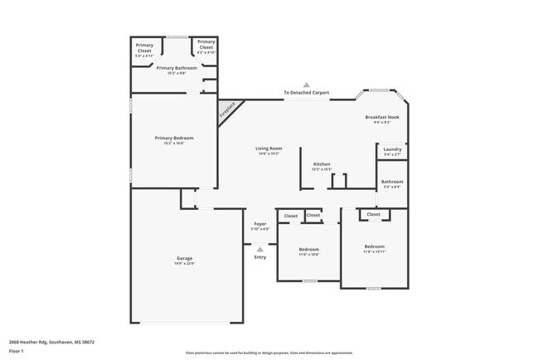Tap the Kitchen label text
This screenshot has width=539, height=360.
(x=322, y=164)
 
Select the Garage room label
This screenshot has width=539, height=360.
(x=184, y=259)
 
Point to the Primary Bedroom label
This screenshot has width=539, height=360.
(x=174, y=137)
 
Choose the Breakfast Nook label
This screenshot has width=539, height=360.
(x=382, y=118)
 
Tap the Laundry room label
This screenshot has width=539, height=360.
(x=392, y=149)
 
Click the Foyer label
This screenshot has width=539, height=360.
(x=260, y=224)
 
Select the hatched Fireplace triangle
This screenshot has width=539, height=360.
(x=226, y=109)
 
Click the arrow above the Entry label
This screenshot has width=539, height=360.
(x=260, y=248)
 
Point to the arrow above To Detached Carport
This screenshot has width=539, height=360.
(x=306, y=85)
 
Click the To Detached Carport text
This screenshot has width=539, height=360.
(x=306, y=92)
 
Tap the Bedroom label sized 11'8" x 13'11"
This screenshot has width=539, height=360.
(x=374, y=246)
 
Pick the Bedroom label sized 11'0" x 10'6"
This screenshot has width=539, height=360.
(x=308, y=250)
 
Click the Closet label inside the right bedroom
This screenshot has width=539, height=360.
(x=373, y=214)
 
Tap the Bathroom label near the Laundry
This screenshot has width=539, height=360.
(x=391, y=182)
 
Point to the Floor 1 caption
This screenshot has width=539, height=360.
(x=16, y=351)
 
